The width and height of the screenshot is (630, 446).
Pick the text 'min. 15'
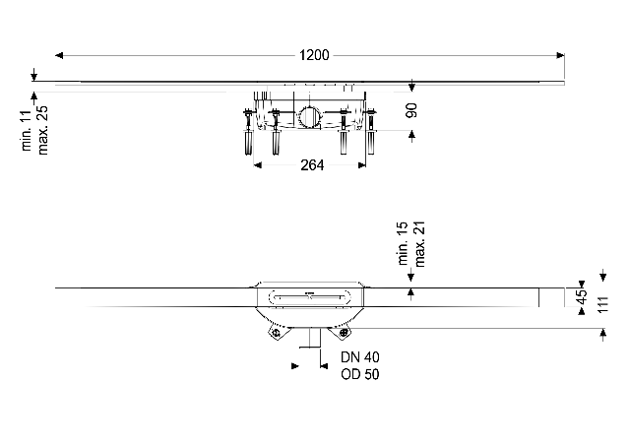[404, 244]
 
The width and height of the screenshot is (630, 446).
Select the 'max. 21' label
[419, 244]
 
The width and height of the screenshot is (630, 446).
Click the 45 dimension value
[581, 296]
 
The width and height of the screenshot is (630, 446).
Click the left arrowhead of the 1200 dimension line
[59, 55]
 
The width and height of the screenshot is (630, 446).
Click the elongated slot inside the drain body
[310, 294]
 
